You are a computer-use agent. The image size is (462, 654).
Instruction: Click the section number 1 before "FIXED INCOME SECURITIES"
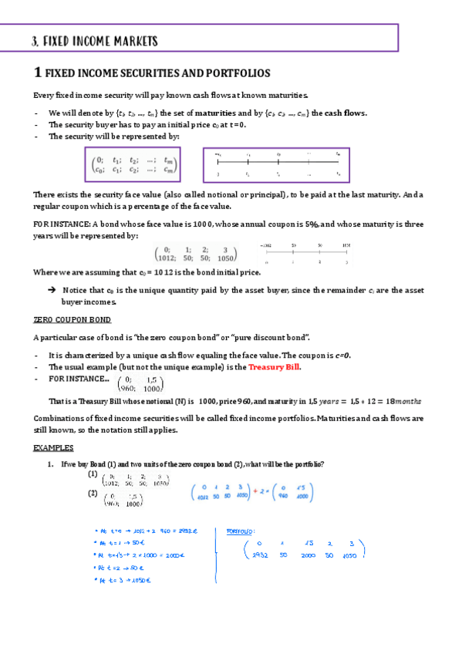coord(37,73)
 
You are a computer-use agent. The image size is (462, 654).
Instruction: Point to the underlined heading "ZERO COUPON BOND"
coord(73,319)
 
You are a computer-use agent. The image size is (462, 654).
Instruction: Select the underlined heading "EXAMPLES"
coord(53,447)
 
